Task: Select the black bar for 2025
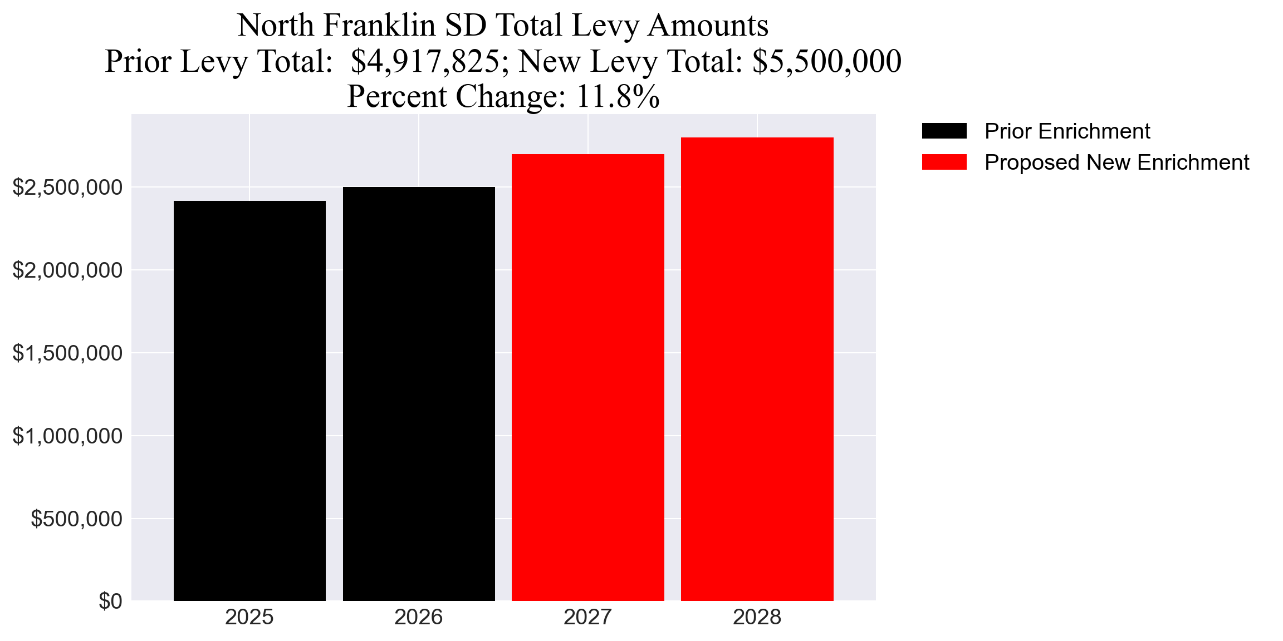[x=249, y=401]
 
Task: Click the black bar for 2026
[x=419, y=394]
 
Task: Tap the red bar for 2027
[x=588, y=377]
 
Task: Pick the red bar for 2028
[x=757, y=369]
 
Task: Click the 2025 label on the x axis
[x=249, y=618]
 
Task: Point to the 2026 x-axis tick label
[x=419, y=618]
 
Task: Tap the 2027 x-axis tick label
[x=588, y=618]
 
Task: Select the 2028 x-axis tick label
[x=757, y=618]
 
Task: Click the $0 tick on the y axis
[x=110, y=601]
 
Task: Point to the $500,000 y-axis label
[x=76, y=519]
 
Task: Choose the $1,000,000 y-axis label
[x=67, y=436]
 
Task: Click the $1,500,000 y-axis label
[x=67, y=353]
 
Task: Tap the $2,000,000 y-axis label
[x=67, y=270]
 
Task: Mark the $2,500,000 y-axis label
[x=67, y=188]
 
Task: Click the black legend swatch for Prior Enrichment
[x=944, y=131]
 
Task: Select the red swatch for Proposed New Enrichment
[x=944, y=162]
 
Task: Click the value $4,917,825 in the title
[x=425, y=61]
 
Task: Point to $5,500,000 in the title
[x=826, y=61]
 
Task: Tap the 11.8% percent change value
[x=618, y=97]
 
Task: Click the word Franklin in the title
[x=379, y=26]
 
